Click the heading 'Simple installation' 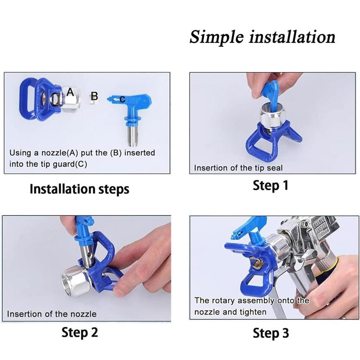tap(262, 36)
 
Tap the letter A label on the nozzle tap(70, 91)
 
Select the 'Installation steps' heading tap(79, 189)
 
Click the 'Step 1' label tap(270, 185)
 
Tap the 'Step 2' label tap(79, 332)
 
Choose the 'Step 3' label tap(270, 333)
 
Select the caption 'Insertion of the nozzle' tap(52, 314)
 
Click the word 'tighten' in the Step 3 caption tap(251, 311)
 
